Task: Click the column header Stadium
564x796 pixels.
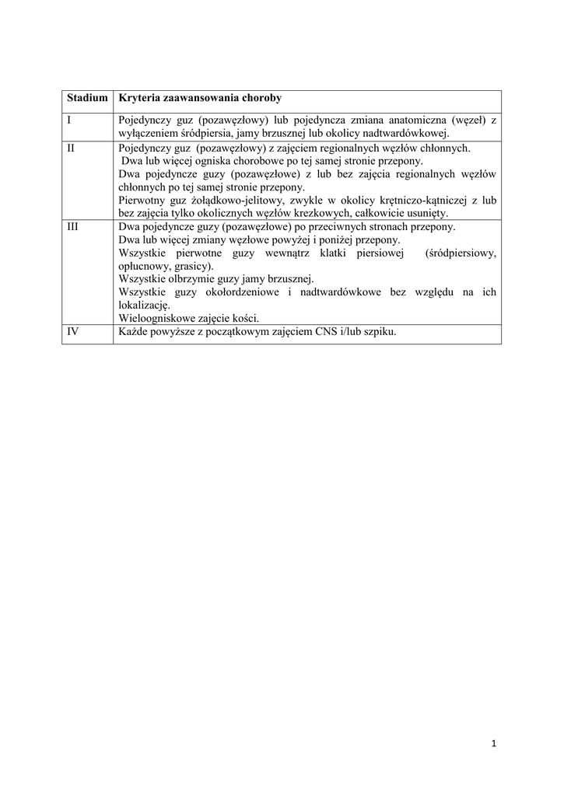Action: click(87, 99)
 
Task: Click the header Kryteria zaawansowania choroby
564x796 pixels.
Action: click(199, 99)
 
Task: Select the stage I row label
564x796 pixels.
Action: click(69, 120)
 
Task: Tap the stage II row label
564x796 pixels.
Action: click(71, 147)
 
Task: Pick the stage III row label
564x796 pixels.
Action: click(73, 226)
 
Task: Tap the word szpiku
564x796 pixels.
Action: click(379, 332)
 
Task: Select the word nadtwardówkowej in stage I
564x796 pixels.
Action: click(405, 133)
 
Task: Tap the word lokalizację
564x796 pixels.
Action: click(144, 305)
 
